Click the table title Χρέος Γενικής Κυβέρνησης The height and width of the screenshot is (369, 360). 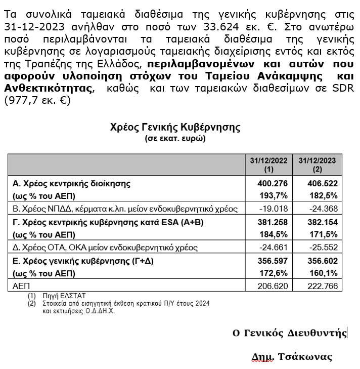(175, 128)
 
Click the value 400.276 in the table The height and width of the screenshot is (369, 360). (273, 183)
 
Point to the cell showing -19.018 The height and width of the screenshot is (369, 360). (275, 209)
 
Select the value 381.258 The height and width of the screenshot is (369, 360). (273, 222)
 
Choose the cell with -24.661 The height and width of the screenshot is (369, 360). (275, 248)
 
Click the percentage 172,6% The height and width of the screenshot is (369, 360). (275, 273)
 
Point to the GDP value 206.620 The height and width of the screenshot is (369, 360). (275, 286)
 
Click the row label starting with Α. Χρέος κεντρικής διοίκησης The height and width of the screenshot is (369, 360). (71, 183)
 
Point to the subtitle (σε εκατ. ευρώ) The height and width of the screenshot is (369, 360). (175, 138)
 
